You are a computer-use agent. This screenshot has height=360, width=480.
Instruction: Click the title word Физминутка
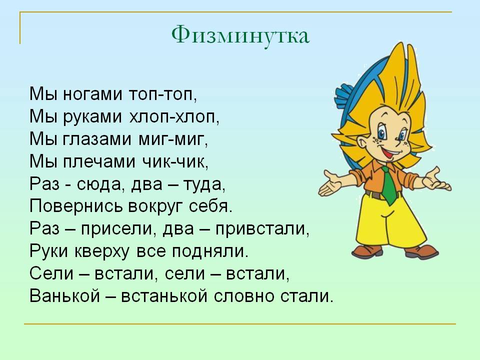pyautogui.click(x=240, y=35)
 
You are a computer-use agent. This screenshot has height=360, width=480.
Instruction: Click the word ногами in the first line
pyautogui.click(x=93, y=94)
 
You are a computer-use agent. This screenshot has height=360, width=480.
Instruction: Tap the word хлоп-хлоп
pyautogui.click(x=173, y=116)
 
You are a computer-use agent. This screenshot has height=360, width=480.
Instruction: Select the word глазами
pyautogui.click(x=97, y=139)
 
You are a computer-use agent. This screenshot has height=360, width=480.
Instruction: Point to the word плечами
pyautogui.click(x=99, y=161)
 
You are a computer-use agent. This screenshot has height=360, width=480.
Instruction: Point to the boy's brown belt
pyautogui.click(x=375, y=195)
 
